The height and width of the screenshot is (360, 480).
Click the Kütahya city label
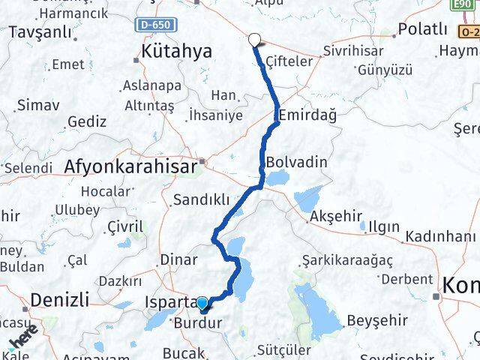click(x=176, y=52)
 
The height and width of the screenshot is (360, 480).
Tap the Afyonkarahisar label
click(x=133, y=166)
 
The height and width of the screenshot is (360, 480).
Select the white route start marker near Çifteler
click(x=254, y=40)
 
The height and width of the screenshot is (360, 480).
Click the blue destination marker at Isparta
click(x=202, y=304)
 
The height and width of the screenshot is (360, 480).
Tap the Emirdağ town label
click(x=307, y=116)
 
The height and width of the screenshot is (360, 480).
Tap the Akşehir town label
click(x=335, y=218)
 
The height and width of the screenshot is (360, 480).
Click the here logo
click(x=23, y=341)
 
